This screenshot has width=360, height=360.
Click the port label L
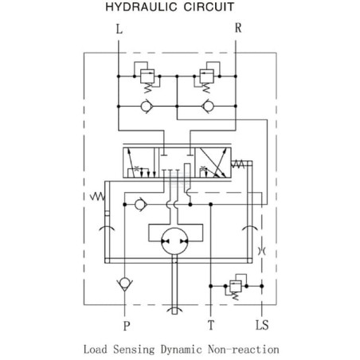pyautogui.click(x=119, y=29)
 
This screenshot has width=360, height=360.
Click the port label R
pyautogui.click(x=238, y=28)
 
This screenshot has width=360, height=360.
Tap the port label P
pyautogui.click(x=127, y=326)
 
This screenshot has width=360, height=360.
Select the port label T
pyautogui.click(x=211, y=325)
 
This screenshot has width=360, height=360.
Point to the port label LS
pyautogui.click(x=262, y=325)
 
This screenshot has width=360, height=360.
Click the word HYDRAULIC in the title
pyautogui.click(x=141, y=7)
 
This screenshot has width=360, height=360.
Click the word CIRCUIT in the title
pyautogui.click(x=209, y=7)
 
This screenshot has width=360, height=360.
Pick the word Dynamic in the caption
pyautogui.click(x=181, y=350)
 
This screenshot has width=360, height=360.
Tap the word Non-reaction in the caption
pyautogui.click(x=244, y=350)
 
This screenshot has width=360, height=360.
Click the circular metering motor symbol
pyautogui.click(x=174, y=241)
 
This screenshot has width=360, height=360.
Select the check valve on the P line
pyautogui.click(x=124, y=284)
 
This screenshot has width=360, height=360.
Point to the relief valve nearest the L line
pyautogui.click(x=147, y=76)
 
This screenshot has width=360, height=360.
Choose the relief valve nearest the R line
pyautogui.click(x=207, y=76)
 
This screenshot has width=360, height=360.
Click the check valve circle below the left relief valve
pyautogui.click(x=147, y=106)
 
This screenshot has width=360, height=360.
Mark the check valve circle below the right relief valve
pyautogui.click(x=208, y=106)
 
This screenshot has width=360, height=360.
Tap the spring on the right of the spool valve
pyautogui.click(x=238, y=164)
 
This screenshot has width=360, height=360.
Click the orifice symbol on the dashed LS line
pyautogui.click(x=262, y=251)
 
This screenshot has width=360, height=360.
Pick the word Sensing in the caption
pyautogui.click(x=134, y=350)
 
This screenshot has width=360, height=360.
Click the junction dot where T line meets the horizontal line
pyautogui.click(x=211, y=205)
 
